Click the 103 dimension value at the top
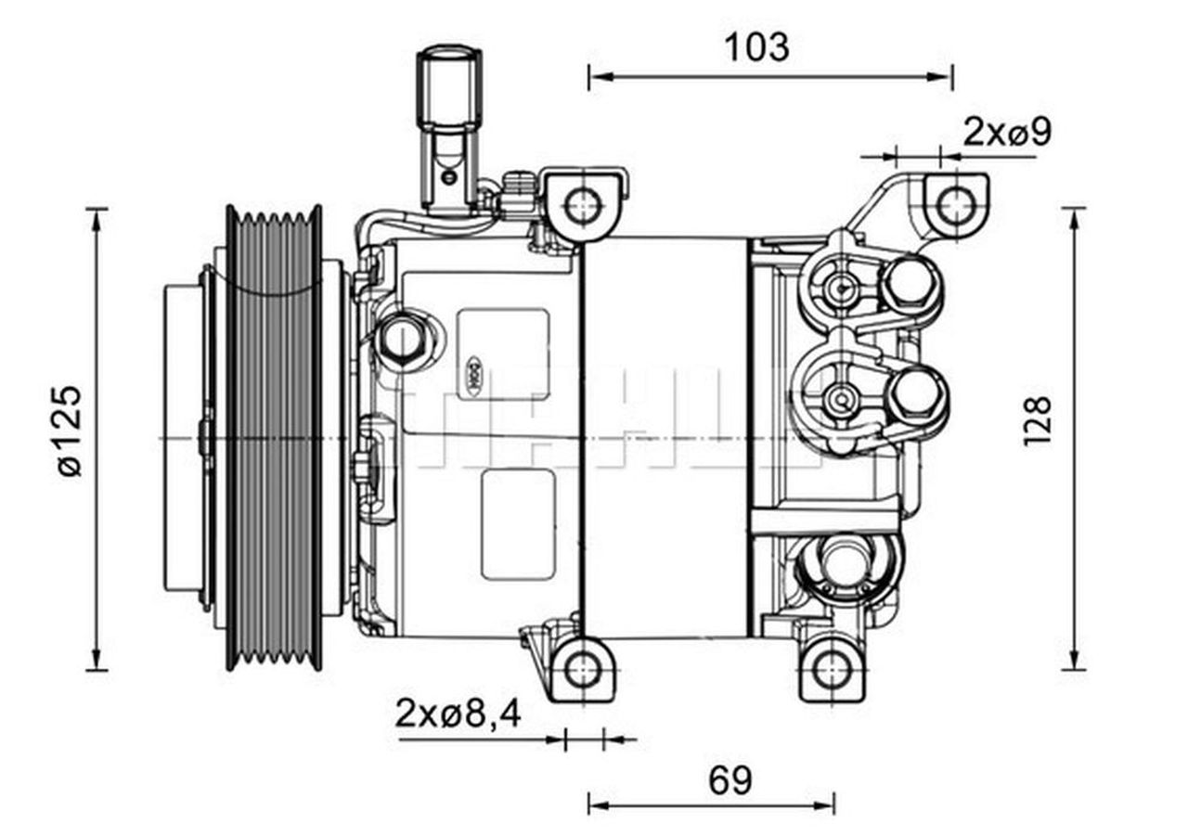(756, 46)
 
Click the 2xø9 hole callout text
(1007, 133)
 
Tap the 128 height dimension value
(1038, 420)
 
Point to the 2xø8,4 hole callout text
(458, 714)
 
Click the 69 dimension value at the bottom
(730, 781)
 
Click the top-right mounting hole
(955, 205)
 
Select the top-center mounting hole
(583, 205)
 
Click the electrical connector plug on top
(449, 130)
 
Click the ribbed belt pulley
(274, 436)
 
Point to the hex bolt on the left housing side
(401, 339)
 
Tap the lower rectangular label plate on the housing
(517, 524)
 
